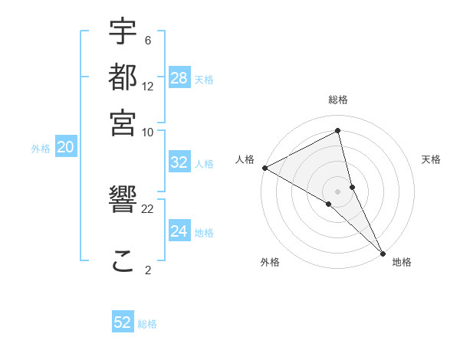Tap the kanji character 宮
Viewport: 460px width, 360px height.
pyautogui.click(x=123, y=122)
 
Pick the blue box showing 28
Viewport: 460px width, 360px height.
pyautogui.click(x=179, y=78)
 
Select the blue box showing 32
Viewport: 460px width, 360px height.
pyautogui.click(x=179, y=162)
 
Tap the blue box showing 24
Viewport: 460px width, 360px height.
pyautogui.click(x=179, y=231)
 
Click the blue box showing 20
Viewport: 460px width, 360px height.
pyautogui.click(x=65, y=148)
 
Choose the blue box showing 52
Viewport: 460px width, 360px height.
pyautogui.click(x=123, y=322)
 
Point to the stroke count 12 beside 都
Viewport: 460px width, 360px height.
pyautogui.click(x=148, y=87)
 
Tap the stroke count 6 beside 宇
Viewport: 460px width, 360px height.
pyautogui.click(x=148, y=41)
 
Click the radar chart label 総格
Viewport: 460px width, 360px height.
pyautogui.click(x=338, y=100)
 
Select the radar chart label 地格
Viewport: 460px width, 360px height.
pyautogui.click(x=402, y=263)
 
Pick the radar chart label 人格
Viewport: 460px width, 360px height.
pyautogui.click(x=245, y=159)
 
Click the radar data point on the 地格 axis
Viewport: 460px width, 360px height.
pyautogui.click(x=383, y=252)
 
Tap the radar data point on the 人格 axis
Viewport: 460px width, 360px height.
pyautogui.click(x=264, y=168)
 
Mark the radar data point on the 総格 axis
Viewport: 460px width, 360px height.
pyautogui.click(x=338, y=132)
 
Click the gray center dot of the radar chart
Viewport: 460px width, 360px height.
pyautogui.click(x=338, y=191)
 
